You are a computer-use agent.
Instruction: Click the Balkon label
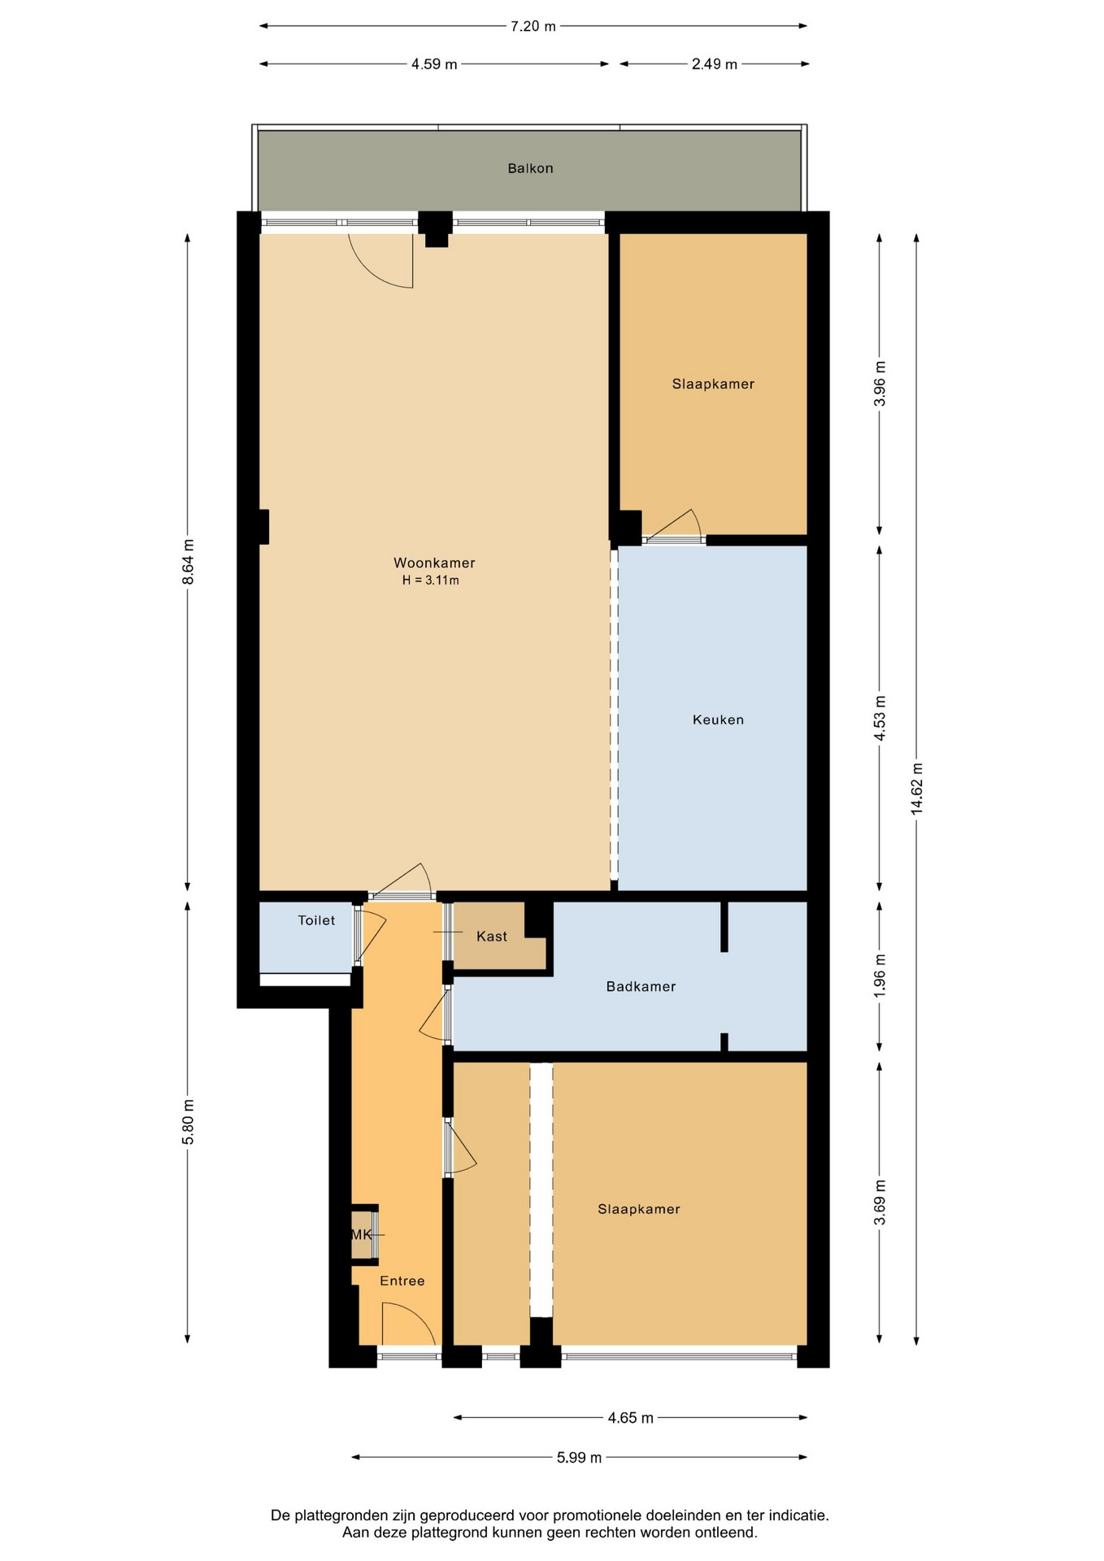coord(530,168)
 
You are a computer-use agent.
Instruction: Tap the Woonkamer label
coord(434,563)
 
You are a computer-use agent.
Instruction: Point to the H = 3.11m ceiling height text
coord(431,580)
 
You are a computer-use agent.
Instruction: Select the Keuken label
coord(718,720)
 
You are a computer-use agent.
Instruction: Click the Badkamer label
coord(641,986)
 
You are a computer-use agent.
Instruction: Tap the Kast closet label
coord(492,937)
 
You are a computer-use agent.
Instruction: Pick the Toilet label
coord(316,920)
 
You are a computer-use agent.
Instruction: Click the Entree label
coord(402,1281)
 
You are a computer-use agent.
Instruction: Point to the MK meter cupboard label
coord(361,1234)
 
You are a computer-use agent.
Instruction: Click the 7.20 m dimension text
coord(533,26)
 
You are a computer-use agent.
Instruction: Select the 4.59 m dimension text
coord(434,64)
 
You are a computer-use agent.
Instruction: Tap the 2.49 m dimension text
coord(715,64)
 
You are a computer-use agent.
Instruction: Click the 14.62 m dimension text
coord(917,789)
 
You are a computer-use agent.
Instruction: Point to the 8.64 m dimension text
coord(188,562)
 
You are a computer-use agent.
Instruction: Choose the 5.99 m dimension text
coord(580,1458)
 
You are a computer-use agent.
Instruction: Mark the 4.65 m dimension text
coord(631,1418)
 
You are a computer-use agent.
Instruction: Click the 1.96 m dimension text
coord(880,976)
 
